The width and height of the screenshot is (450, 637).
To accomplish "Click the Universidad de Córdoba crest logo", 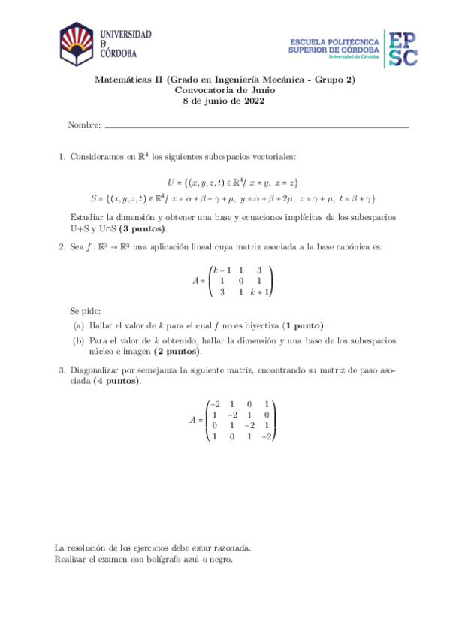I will tap(77, 42).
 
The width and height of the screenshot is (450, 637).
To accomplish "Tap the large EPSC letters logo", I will tap(403, 47).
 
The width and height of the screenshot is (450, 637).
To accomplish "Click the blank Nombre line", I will tap(256, 126).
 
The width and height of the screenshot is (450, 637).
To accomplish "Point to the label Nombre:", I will tap(84, 125).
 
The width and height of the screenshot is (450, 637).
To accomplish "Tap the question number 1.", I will tap(61, 157).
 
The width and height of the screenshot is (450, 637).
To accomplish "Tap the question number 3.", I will tap(61, 370).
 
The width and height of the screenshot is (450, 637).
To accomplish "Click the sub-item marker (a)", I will tap(78, 326).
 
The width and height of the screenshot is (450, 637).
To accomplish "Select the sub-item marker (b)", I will tap(78, 340).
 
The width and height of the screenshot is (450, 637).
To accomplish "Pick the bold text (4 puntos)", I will tap(116, 382).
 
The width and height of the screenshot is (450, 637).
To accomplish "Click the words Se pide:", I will tap(83, 310).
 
